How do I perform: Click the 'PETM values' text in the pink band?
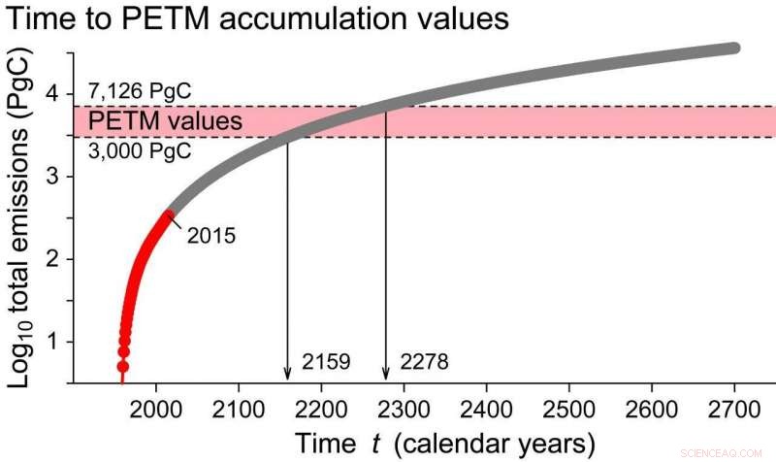(x=166, y=122)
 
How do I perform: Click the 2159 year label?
(x=327, y=363)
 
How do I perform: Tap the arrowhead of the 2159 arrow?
(x=287, y=376)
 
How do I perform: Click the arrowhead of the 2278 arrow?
(x=386, y=376)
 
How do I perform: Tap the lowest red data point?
(x=123, y=366)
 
